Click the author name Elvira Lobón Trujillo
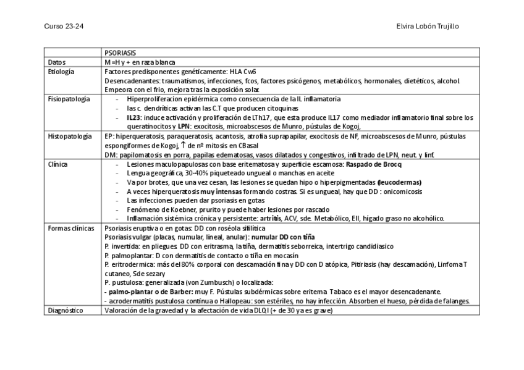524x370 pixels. (427, 26)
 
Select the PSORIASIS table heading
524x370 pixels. (120, 53)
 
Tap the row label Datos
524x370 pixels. (57, 62)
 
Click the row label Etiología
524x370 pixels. (61, 72)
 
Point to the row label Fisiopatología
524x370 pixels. (69, 99)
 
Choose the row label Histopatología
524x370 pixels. (69, 136)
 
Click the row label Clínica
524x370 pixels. (58, 164)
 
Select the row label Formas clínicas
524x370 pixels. (70, 228)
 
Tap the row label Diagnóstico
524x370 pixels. (65, 311)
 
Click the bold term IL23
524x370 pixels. (133, 117)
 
